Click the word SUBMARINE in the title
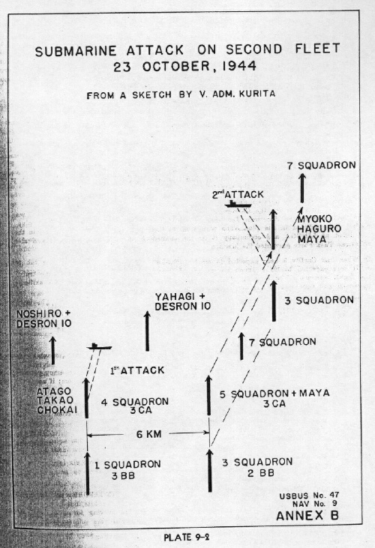click(x=76, y=51)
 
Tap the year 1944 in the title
click(x=240, y=66)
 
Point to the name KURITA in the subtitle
click(x=256, y=94)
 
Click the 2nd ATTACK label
click(x=238, y=195)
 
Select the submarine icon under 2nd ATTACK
click(x=238, y=204)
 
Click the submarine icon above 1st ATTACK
click(x=99, y=346)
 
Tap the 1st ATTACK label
click(x=137, y=370)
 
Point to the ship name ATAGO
click(x=54, y=391)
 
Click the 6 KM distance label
click(x=149, y=434)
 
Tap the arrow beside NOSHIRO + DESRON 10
click(x=52, y=350)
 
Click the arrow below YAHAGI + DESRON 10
click(x=147, y=331)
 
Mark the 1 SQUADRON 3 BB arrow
click(x=87, y=473)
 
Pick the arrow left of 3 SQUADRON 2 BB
click(x=210, y=471)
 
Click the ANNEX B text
click(x=307, y=516)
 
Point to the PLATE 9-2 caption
click(x=187, y=537)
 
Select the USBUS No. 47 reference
click(x=309, y=496)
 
